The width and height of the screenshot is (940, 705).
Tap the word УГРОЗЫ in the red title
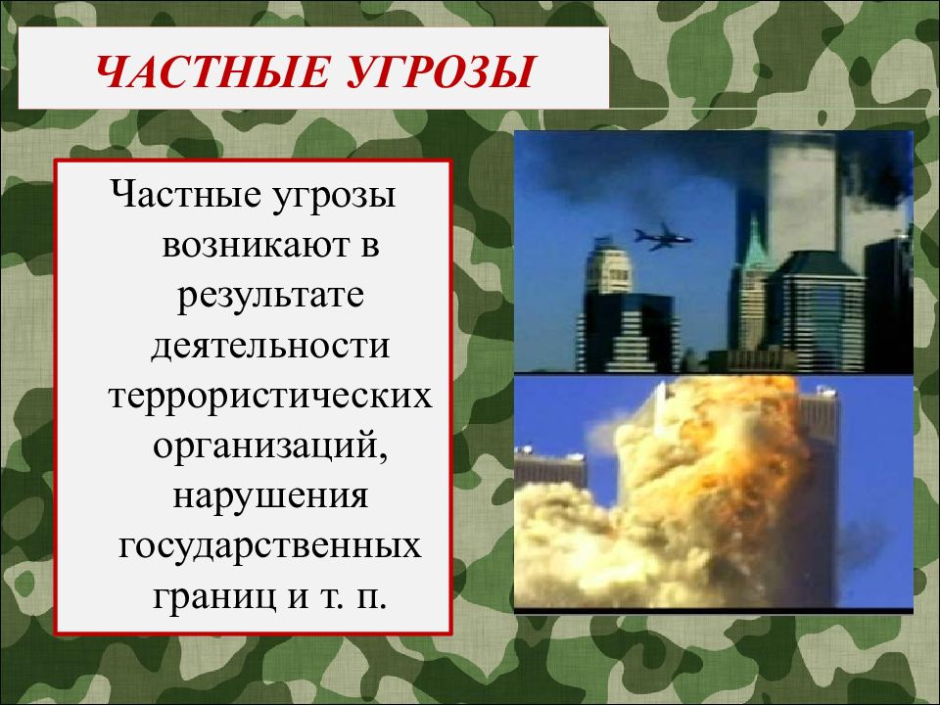point(439,73)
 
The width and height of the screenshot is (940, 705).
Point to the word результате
point(270,295)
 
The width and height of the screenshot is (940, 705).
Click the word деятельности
point(270,346)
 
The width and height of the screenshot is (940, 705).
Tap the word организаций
point(265,447)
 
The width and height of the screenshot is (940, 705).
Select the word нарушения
point(270,498)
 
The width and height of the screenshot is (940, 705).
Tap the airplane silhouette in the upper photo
point(662,236)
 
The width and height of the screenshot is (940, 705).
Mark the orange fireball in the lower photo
point(715,441)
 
